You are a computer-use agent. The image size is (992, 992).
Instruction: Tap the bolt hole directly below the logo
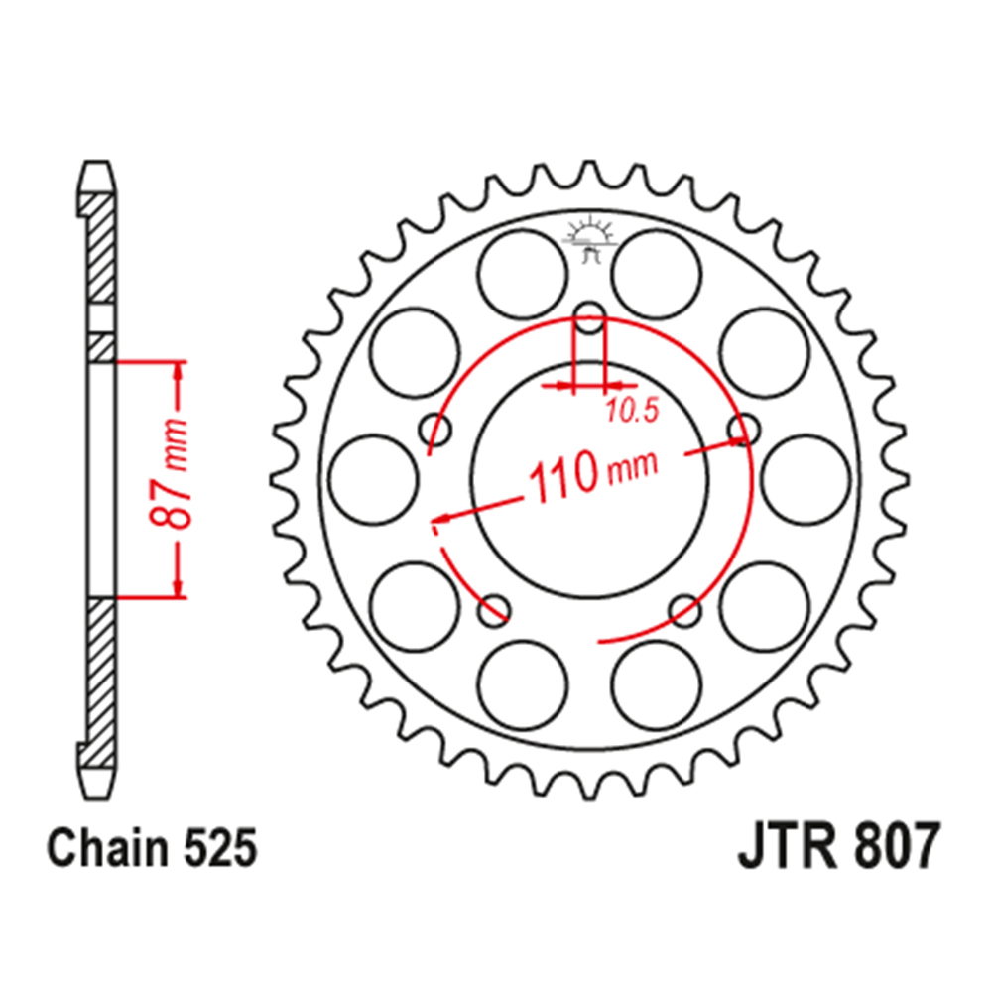[x=589, y=320]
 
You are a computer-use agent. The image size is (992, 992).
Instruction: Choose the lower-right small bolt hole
[x=684, y=610]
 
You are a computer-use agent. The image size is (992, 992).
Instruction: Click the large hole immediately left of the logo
[x=522, y=274]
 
